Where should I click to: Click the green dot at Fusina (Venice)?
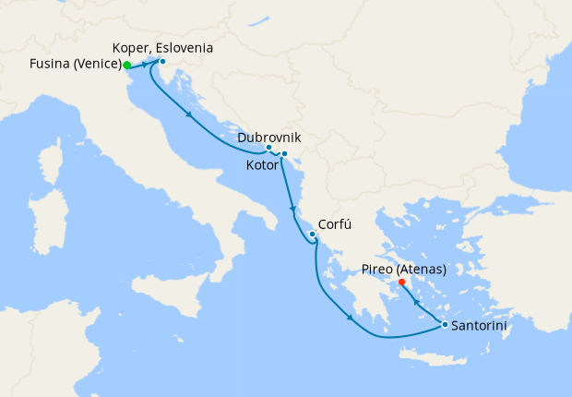coord(126,65)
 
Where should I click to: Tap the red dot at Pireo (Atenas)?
coord(401,283)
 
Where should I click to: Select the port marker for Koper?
coord(162,62)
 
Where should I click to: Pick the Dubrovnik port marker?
coord(268,148)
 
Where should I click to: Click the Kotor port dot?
coord(284,153)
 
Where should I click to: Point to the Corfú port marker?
coord(313,235)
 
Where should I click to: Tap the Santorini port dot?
coord(445,324)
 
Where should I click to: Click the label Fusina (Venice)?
coord(77,65)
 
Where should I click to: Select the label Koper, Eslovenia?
coord(162,47)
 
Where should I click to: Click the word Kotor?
coord(264,165)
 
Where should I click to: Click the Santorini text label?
coord(480,326)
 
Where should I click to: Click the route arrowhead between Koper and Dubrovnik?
coord(189,115)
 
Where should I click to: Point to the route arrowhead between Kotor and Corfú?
coord(292,208)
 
